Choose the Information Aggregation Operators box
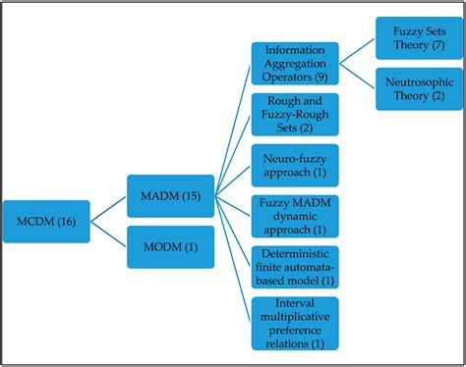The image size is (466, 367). (x=295, y=63)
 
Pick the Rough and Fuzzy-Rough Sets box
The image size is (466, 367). (x=295, y=115)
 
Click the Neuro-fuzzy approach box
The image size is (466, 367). (x=295, y=165)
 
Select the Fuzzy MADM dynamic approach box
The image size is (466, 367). (x=295, y=217)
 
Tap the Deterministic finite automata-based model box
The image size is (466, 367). (x=295, y=267)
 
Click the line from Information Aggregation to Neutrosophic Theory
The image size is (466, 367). (x=357, y=77)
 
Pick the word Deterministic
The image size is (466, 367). (x=295, y=253)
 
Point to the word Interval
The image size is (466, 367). (x=295, y=301)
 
